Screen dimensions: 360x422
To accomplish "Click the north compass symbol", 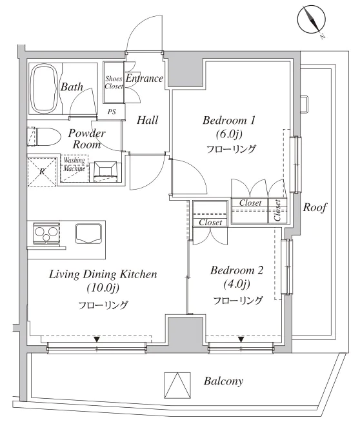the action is pos(312,19).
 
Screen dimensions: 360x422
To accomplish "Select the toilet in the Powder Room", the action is pos(45,137).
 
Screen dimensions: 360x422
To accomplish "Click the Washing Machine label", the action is pos(74,164).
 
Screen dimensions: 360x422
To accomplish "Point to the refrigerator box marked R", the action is pos(42,172).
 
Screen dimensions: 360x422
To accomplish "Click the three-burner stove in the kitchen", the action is pos(46,233).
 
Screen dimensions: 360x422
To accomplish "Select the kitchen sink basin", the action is pos(88,234).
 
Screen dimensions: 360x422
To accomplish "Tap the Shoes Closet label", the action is pos(114,83).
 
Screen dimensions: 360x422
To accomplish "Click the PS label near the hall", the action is pos(112,112).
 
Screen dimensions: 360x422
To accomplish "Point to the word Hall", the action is pos(148,120).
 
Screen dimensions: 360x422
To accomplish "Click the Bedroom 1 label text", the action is pos(228,120).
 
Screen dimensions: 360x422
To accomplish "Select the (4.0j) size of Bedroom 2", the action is pos(237,284).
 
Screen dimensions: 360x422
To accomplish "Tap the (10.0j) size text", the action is pos(103,288).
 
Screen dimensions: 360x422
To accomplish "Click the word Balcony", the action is pos(223,381).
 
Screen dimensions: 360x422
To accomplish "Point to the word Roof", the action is pos(315,207).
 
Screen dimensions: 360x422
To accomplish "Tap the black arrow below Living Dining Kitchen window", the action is pos(97,339).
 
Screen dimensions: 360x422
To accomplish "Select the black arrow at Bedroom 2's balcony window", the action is pos(241,339).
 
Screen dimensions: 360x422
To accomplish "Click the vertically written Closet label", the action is pos(277,210).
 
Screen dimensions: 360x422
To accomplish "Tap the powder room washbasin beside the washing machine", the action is pos(105,172).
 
